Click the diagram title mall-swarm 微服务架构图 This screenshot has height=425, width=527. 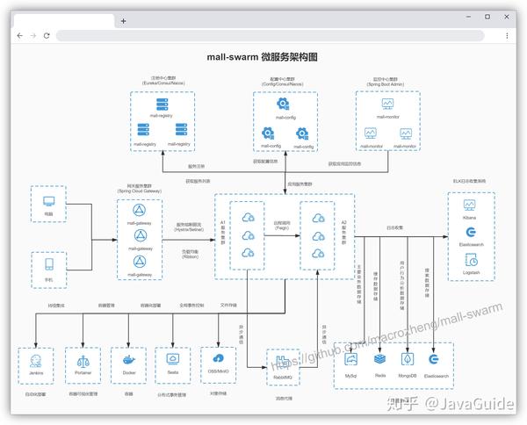(262, 57)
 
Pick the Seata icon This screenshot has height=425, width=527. (173, 358)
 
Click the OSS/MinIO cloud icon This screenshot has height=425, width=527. (219, 357)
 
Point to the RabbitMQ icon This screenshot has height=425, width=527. (283, 361)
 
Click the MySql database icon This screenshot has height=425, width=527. (351, 359)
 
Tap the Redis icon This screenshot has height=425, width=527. (379, 359)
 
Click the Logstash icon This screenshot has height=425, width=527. (470, 260)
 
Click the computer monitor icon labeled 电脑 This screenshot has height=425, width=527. (48, 200)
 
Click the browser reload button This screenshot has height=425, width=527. (47, 36)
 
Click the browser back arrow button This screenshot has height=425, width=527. (19, 36)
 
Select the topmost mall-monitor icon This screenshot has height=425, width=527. (387, 104)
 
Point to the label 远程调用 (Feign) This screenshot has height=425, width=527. (281, 226)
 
